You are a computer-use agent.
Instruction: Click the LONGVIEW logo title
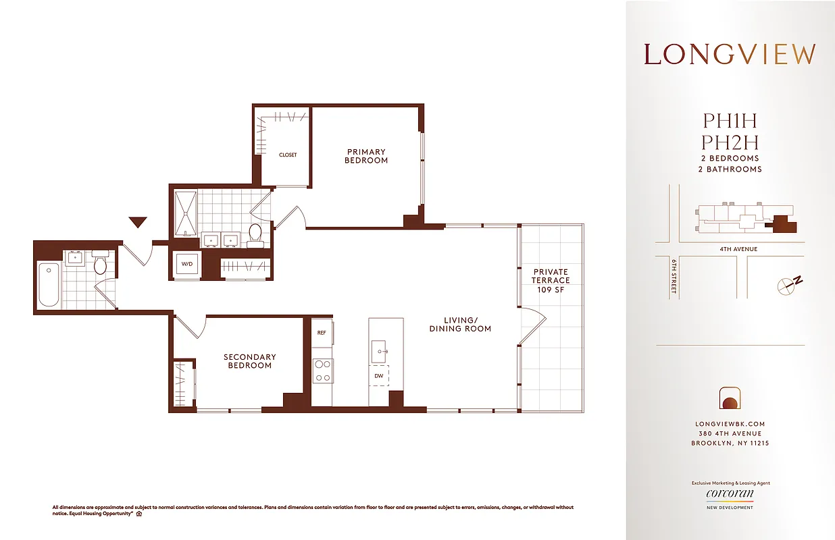coord(730,55)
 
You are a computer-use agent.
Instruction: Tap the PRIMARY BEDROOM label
coord(366,156)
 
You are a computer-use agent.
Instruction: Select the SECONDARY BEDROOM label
coord(249,361)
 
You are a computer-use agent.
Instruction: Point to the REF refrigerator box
coord(322,332)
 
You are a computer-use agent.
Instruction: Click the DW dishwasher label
coord(378,376)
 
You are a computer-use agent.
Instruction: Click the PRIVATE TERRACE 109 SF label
coord(550,280)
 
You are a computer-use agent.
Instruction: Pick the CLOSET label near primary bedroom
coord(288,155)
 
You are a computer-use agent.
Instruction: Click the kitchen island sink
coord(379,350)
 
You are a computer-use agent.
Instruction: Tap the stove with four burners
coord(322,370)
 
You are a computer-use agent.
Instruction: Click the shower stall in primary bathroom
coord(185,213)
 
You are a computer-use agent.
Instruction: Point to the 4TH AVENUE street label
coord(738,249)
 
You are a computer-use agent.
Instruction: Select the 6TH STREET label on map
coord(674,276)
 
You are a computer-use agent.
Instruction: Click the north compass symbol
coord(788,285)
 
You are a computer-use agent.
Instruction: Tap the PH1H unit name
coord(730,122)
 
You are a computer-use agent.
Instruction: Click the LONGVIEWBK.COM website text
coord(730,424)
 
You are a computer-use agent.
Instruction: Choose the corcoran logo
coord(730,493)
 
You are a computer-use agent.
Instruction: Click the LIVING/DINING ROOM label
coord(460,324)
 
